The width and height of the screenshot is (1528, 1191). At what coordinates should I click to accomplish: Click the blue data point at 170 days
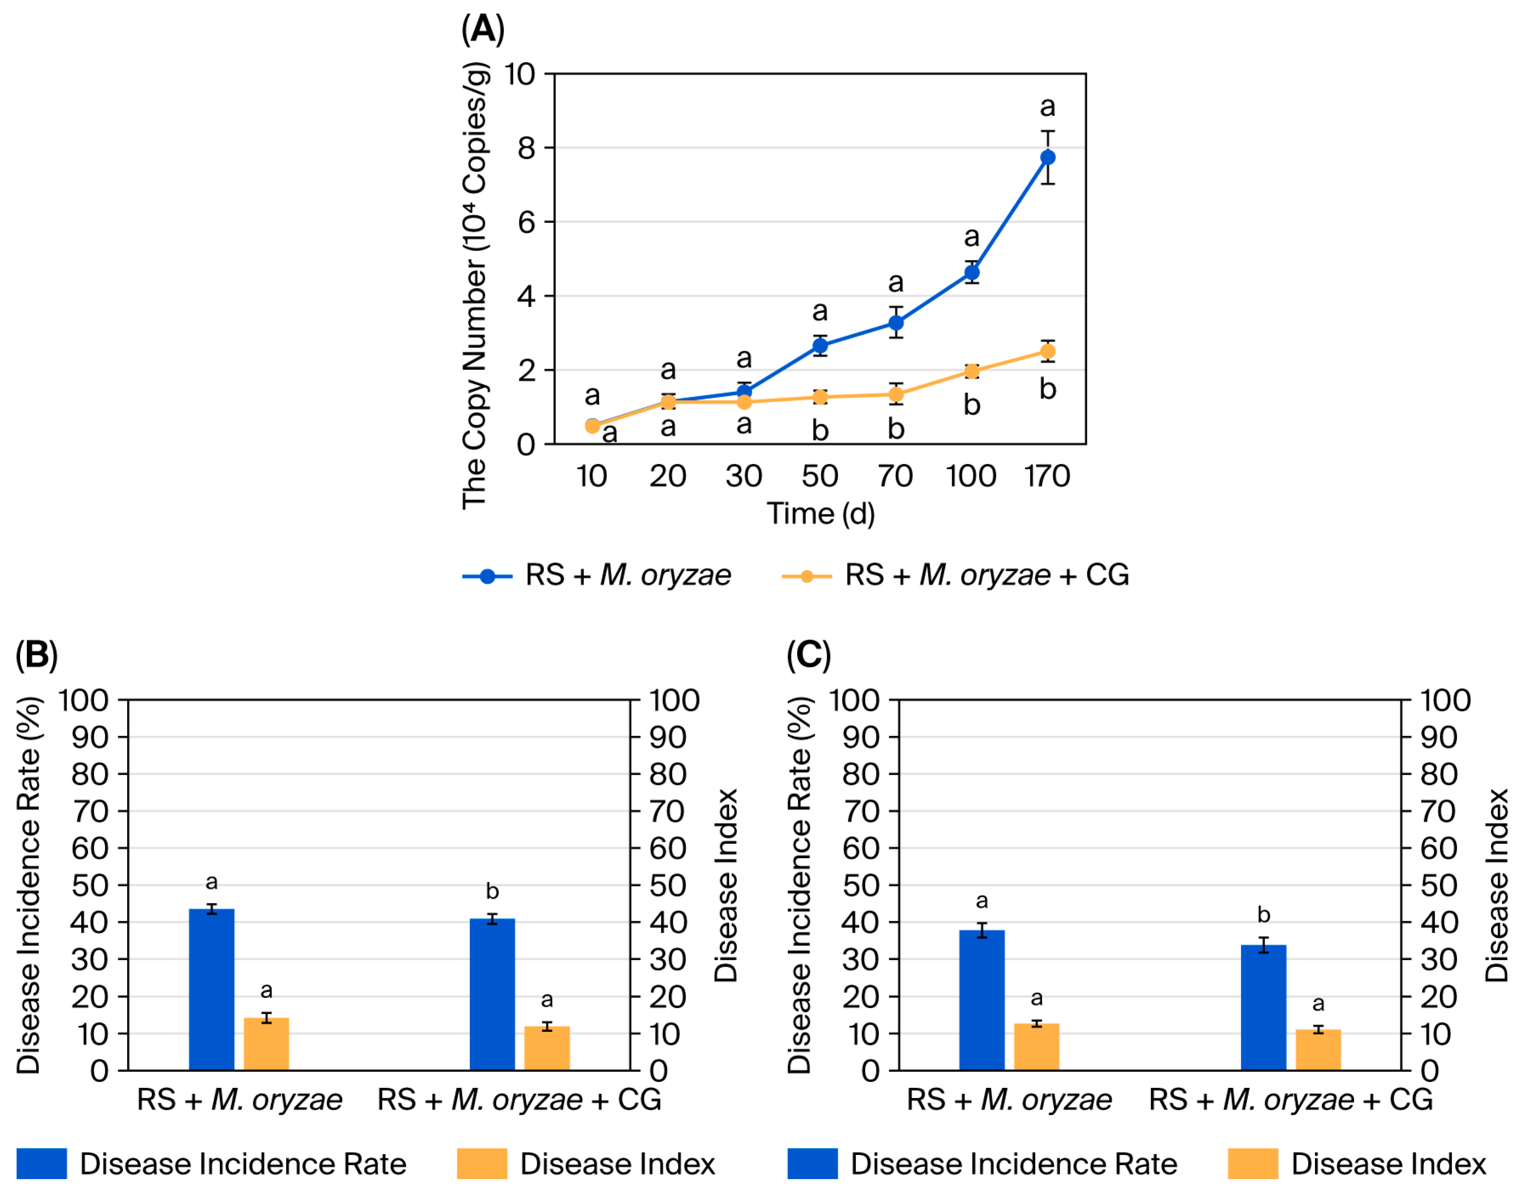[1047, 157]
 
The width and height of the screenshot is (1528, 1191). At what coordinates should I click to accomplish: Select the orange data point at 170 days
[1047, 351]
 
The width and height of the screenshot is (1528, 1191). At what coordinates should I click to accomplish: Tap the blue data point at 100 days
[971, 272]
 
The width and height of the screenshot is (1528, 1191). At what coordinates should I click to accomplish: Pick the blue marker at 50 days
[820, 345]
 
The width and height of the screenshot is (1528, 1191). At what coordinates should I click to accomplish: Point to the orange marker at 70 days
[896, 395]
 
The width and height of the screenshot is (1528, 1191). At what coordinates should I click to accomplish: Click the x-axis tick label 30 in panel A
[744, 476]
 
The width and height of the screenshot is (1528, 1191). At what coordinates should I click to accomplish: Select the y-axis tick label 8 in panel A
[526, 148]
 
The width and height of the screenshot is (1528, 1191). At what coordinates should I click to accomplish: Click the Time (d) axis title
[821, 514]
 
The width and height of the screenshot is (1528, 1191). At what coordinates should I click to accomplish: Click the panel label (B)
[37, 655]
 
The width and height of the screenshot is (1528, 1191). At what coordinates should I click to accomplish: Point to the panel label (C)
[809, 655]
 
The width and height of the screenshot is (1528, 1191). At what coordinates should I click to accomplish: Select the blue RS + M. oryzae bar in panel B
[211, 990]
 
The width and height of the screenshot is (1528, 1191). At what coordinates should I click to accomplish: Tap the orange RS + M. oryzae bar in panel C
[1037, 1047]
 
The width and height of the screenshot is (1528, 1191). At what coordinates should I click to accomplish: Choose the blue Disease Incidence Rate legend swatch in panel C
[812, 1164]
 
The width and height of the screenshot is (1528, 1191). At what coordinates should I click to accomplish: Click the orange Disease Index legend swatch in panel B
[482, 1164]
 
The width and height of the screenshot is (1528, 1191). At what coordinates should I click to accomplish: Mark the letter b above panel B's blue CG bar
[493, 892]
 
